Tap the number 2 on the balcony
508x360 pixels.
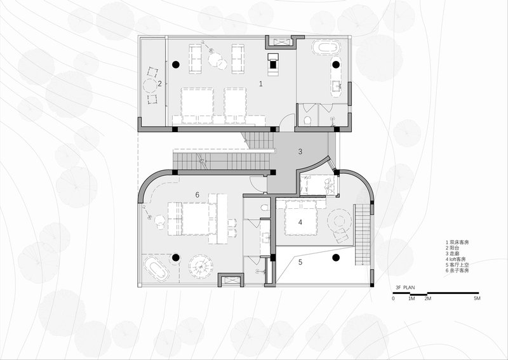click(x=160, y=83)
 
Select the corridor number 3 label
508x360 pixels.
click(x=301, y=151)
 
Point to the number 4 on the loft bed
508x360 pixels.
click(x=300, y=222)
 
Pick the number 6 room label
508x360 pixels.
click(x=197, y=194)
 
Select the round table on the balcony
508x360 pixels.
click(x=151, y=86)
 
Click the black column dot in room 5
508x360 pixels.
click(x=335, y=257)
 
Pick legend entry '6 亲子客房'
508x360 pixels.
click(x=458, y=270)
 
